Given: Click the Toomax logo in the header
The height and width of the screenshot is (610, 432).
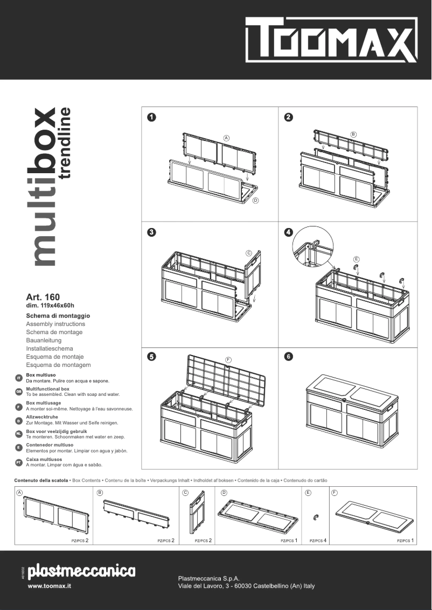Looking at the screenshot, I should (331, 40).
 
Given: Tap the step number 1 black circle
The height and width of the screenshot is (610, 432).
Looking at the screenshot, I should (152, 117).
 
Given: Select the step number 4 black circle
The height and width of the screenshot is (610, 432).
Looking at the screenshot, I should (289, 232).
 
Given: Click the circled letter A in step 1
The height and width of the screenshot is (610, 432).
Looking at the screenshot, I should (227, 138).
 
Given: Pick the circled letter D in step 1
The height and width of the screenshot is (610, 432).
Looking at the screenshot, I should (255, 201).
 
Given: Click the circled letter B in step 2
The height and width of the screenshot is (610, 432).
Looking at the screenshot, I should (353, 134).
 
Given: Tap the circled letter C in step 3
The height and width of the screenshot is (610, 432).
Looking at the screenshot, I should (249, 253).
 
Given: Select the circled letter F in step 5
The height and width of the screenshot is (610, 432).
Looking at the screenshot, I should (228, 359).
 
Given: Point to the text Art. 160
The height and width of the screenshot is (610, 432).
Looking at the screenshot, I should (43, 297).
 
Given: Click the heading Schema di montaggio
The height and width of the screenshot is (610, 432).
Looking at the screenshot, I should (58, 316).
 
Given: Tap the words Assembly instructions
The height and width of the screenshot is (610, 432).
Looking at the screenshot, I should (55, 324).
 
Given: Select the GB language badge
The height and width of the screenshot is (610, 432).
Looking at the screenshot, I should (19, 392).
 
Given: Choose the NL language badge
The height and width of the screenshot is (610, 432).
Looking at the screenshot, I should (19, 433).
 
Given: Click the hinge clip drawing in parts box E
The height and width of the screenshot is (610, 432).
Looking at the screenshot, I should (316, 517).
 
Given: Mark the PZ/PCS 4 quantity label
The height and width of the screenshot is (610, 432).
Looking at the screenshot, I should (318, 540).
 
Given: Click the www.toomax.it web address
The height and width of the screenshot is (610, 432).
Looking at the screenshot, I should (50, 586).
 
